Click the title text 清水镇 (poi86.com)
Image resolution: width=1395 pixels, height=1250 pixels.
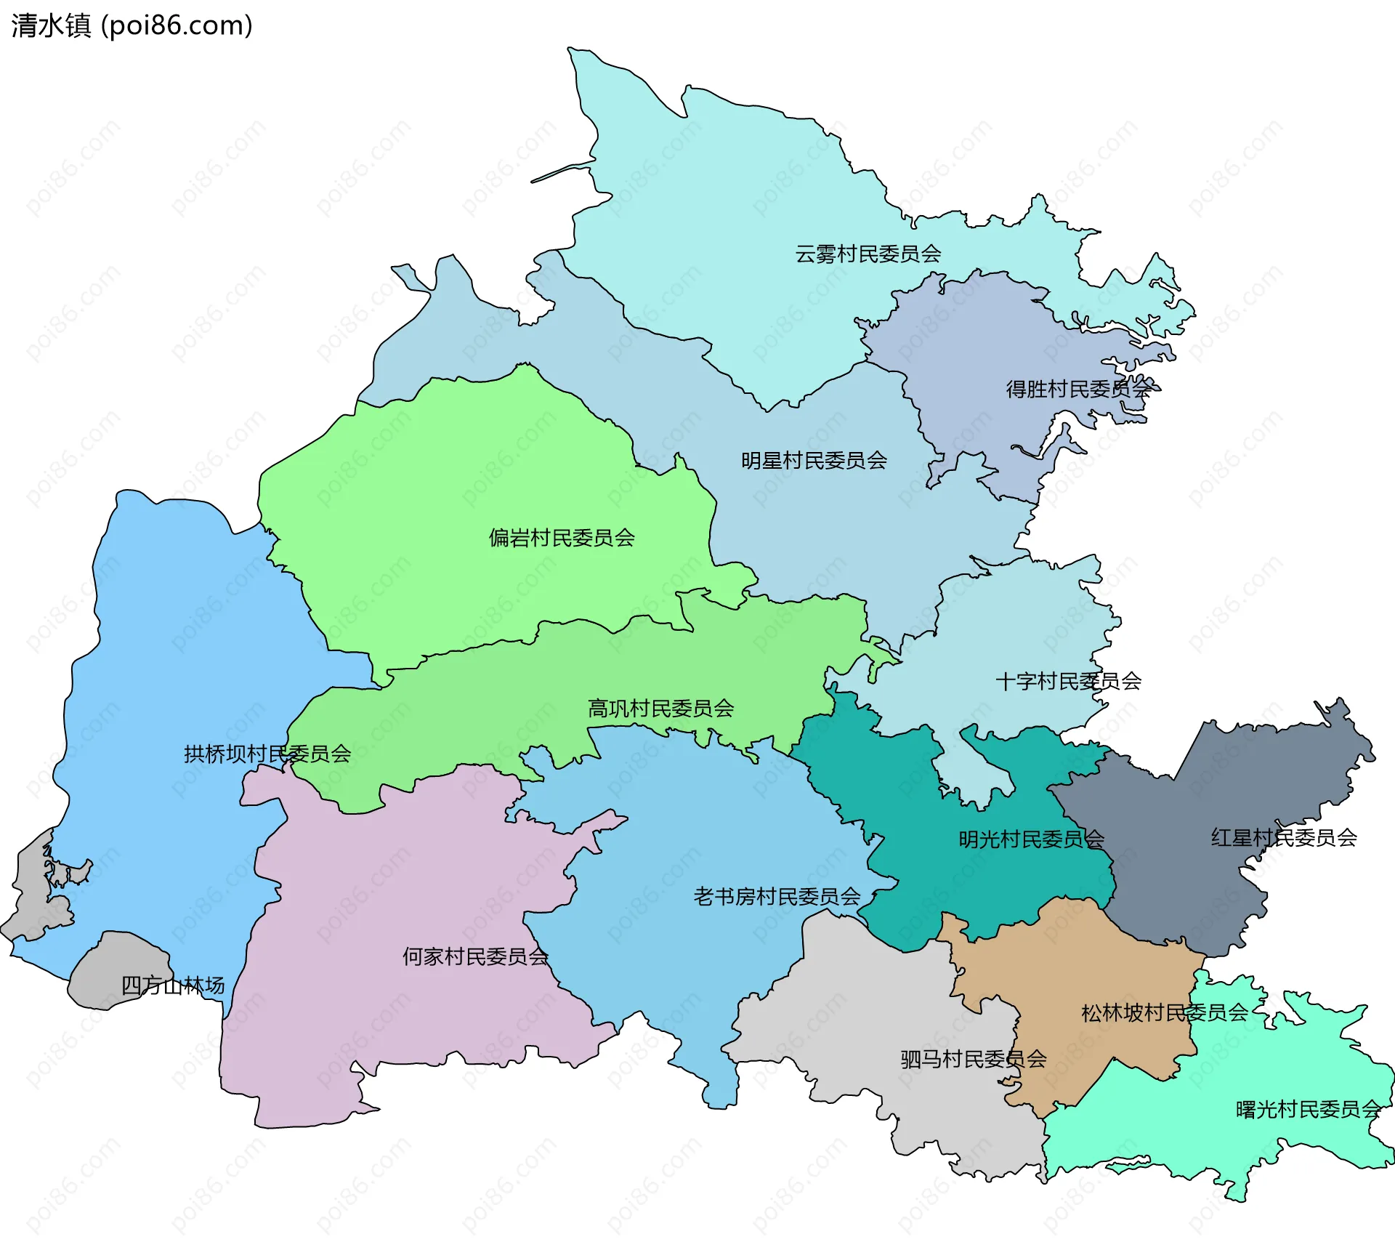point(132,25)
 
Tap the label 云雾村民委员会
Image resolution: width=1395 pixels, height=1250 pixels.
point(868,254)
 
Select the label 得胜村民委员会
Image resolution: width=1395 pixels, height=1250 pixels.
point(1078,390)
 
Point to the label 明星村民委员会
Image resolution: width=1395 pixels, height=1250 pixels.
point(814,461)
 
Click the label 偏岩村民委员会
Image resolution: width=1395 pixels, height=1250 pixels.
point(562,539)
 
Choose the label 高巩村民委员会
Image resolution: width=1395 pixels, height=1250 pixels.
point(660,709)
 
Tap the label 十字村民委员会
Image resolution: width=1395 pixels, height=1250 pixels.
point(1068,682)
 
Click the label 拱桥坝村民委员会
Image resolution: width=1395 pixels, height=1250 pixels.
point(267,754)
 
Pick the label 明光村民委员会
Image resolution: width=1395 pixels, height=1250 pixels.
point(1031,840)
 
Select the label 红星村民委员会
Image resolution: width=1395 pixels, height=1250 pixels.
point(1284,838)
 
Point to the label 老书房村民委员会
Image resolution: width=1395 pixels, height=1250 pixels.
point(777,897)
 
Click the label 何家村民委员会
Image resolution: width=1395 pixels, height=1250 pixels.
point(475,957)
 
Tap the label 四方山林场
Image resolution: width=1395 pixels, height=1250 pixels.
point(173,986)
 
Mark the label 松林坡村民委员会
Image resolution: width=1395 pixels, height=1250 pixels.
point(1164,1013)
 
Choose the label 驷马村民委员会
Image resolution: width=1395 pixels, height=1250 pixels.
point(974,1060)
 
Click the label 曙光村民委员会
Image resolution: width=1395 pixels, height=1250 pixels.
point(1308,1110)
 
